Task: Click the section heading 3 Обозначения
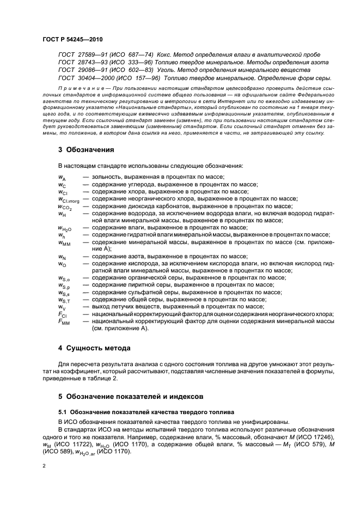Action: click(86, 149)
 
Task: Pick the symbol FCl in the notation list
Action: click(62, 314)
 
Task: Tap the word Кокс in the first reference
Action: click(164, 55)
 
